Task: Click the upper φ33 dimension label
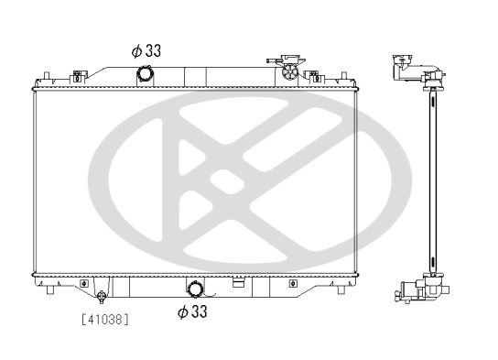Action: coord(146,51)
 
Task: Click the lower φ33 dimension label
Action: coord(192,311)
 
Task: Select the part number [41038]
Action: coord(104,320)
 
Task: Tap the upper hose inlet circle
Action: coord(144,73)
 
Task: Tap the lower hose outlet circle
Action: coord(194,289)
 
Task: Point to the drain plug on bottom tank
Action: coord(102,296)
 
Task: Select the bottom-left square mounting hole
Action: coord(84,282)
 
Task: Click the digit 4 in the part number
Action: coord(90,320)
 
